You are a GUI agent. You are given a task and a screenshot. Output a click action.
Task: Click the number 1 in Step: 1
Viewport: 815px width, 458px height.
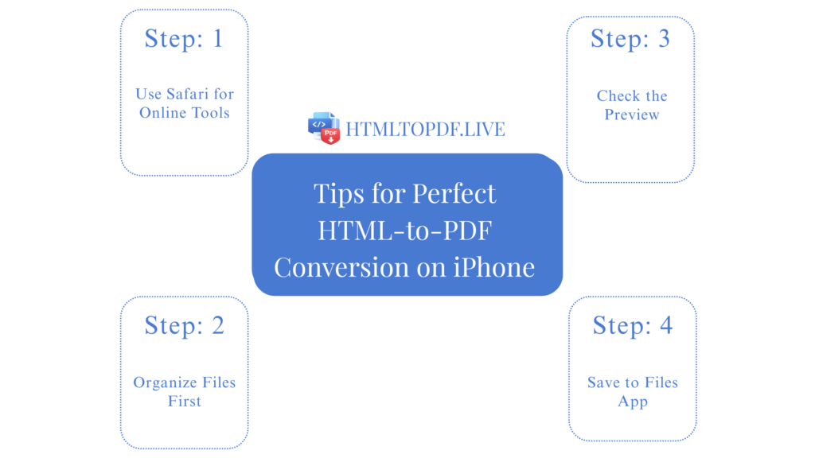[x=217, y=38]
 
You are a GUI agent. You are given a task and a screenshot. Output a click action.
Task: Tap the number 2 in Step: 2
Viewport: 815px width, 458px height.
[x=216, y=325]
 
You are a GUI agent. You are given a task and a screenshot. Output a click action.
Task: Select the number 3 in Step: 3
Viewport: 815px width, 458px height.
[x=663, y=38]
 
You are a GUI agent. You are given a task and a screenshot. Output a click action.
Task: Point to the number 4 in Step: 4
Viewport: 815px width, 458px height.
[x=665, y=325]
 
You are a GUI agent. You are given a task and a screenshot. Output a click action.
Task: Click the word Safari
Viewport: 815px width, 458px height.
[x=189, y=94]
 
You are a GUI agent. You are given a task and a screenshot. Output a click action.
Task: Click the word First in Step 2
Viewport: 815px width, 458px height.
[x=185, y=402]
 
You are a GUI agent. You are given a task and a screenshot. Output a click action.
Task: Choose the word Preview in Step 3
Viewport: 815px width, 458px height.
[x=632, y=114]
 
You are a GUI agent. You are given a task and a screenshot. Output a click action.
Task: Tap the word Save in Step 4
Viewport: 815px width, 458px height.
[x=602, y=382]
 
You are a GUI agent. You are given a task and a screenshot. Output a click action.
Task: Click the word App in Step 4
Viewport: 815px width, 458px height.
[x=633, y=402]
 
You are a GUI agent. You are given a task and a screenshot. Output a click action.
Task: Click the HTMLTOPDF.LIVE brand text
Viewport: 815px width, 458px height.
[x=425, y=129]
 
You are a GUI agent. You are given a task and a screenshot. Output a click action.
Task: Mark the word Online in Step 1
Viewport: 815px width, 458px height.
[x=162, y=113]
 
